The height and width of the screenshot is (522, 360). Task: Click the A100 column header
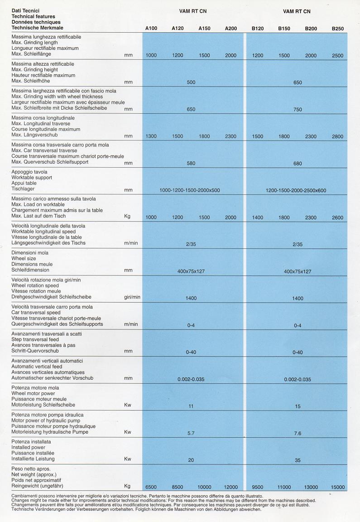[151, 29]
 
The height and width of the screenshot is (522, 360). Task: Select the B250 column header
[337, 29]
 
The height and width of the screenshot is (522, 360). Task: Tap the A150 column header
[204, 29]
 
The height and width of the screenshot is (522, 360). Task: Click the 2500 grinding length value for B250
[337, 55]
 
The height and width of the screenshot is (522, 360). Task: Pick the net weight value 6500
[151, 487]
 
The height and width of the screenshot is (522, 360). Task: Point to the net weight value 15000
[337, 487]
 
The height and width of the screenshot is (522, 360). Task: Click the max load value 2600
[337, 217]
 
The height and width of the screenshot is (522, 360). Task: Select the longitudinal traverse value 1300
[151, 136]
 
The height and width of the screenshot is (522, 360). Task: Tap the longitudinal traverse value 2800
[337, 136]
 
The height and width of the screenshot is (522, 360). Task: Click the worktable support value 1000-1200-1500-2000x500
[190, 190]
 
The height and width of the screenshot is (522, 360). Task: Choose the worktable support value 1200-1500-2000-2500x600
[296, 190]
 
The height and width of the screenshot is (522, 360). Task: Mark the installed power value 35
[298, 460]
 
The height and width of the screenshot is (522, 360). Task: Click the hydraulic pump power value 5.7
[191, 433]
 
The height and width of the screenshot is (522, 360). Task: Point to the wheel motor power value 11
[191, 406]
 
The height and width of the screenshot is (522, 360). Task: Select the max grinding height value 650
[298, 82]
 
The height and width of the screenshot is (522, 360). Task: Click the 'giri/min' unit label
[132, 297]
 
